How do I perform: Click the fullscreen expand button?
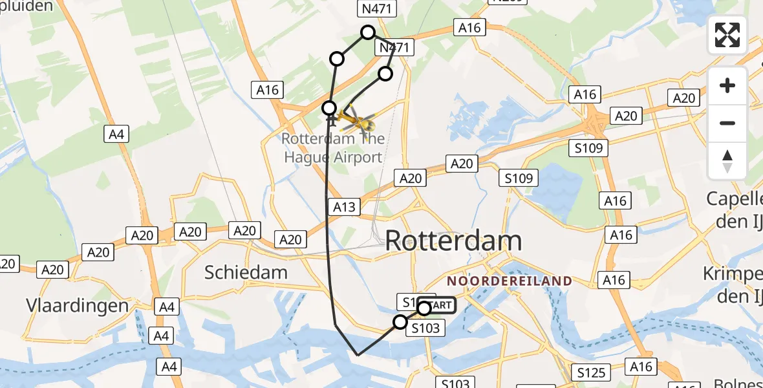pyautogui.click(x=727, y=35)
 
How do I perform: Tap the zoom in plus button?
pyautogui.click(x=727, y=85)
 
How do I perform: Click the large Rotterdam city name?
pyautogui.click(x=453, y=241)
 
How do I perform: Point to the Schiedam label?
pyautogui.click(x=246, y=272)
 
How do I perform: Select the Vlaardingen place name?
pyautogui.click(x=77, y=305)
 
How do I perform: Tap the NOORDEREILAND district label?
pyautogui.click(x=510, y=281)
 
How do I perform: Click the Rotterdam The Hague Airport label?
pyautogui.click(x=332, y=148)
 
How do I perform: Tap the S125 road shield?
pyautogui.click(x=591, y=372)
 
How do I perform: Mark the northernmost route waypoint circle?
pyautogui.click(x=368, y=32)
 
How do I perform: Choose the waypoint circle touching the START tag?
pyautogui.click(x=424, y=308)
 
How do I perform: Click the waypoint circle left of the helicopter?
pyautogui.click(x=329, y=108)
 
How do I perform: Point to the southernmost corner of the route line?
pyautogui.click(x=358, y=355)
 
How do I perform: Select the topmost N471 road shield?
pyautogui.click(x=377, y=8)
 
